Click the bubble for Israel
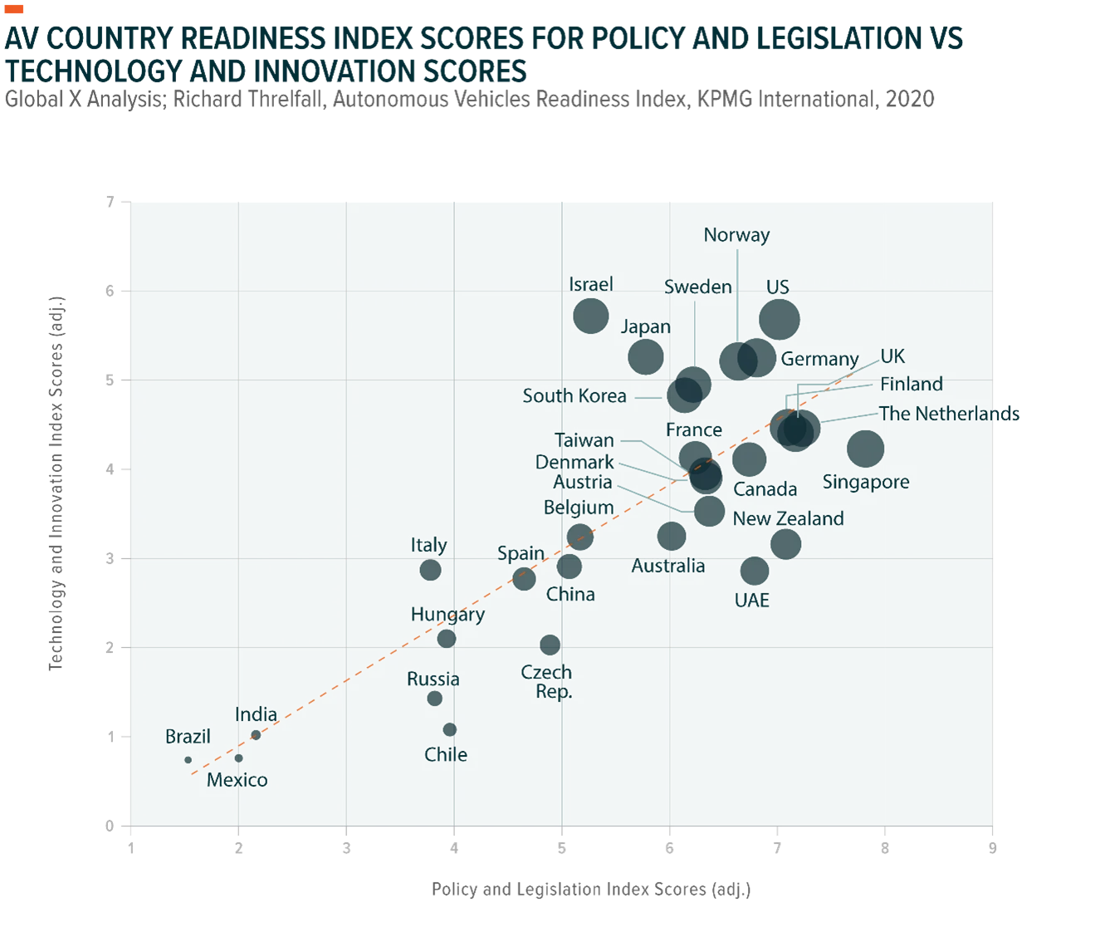590,316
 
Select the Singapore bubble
865,449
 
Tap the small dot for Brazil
188,759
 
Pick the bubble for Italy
430,570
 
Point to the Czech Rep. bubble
550,645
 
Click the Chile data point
449,730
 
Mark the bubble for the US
779,319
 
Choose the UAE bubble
755,571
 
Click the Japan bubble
645,356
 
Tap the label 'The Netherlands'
950,414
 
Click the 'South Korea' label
574,395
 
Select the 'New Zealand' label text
789,518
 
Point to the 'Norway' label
736,235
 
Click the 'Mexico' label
237,780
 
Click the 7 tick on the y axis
110,202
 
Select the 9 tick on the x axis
992,848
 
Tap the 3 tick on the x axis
346,848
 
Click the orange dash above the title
14,8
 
